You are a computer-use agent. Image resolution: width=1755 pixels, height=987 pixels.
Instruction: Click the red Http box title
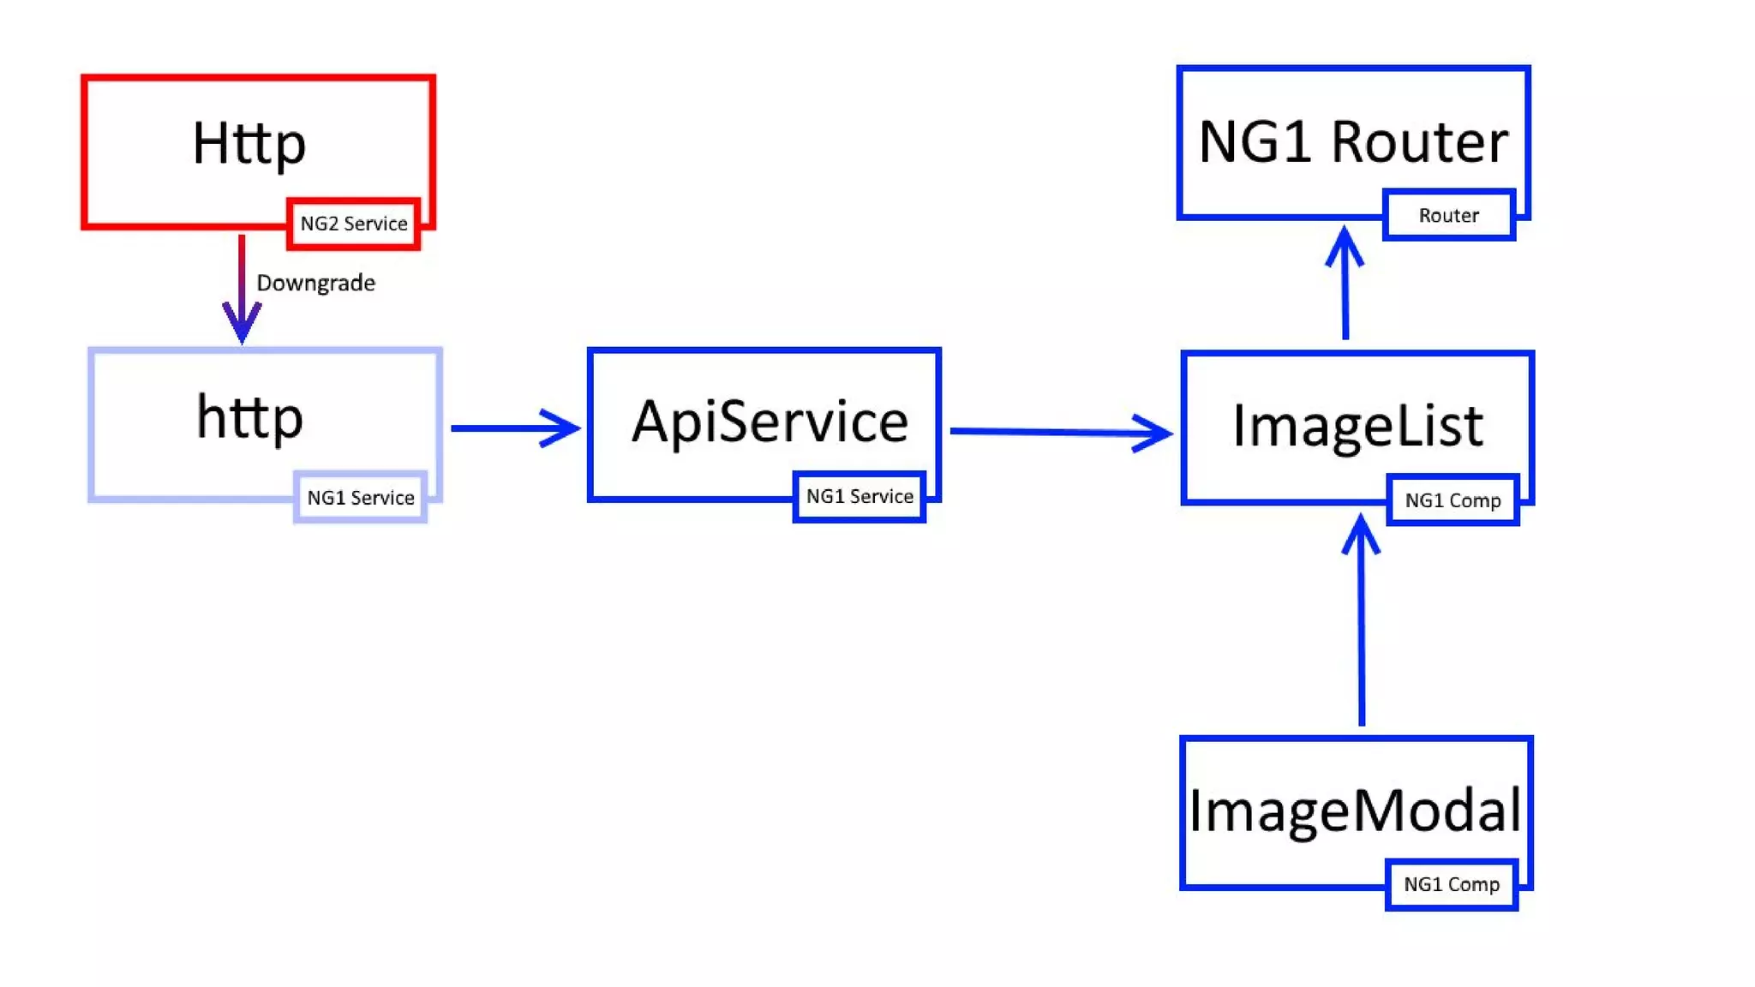[249, 144]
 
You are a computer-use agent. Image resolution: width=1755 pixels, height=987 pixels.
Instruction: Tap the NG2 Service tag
[353, 224]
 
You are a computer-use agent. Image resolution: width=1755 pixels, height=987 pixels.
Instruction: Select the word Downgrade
[315, 283]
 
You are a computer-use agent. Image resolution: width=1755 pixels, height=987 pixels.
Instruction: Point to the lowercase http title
[249, 418]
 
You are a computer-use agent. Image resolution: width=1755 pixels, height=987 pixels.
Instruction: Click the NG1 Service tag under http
[360, 498]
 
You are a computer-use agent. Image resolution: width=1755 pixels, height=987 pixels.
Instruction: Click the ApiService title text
[770, 422]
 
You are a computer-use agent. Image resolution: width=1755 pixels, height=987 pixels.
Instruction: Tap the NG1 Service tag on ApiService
[860, 496]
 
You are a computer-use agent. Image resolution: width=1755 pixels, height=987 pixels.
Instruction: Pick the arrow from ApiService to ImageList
[1058, 432]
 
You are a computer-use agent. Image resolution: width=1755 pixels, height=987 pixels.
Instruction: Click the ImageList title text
[1357, 426]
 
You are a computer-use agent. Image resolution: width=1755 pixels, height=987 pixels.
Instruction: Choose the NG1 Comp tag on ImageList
[1453, 500]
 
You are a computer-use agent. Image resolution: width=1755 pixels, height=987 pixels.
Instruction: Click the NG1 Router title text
[1352, 142]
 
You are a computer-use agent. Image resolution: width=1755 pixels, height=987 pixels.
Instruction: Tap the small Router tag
[1448, 215]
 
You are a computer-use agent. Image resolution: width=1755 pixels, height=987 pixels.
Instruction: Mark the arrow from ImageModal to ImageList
[1362, 625]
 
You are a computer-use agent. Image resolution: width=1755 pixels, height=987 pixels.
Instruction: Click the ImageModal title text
[1355, 811]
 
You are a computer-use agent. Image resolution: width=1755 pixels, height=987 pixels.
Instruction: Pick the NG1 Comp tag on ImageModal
[1452, 884]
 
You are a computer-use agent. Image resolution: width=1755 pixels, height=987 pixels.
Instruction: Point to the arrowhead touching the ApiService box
[561, 428]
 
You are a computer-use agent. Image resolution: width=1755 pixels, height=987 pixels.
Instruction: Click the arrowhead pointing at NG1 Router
[1345, 244]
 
